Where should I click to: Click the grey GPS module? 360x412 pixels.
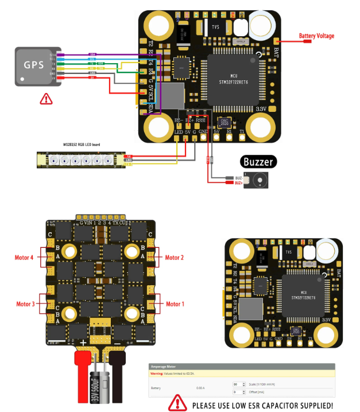(37, 67)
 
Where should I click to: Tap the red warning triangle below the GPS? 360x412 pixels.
(45, 99)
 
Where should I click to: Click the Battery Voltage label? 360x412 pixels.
(316, 36)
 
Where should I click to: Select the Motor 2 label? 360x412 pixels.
(175, 258)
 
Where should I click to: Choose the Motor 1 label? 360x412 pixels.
(175, 304)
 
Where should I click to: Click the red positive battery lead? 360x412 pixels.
(83, 376)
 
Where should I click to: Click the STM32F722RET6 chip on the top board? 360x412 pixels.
(233, 79)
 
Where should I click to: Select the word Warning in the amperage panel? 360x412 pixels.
(157, 373)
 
